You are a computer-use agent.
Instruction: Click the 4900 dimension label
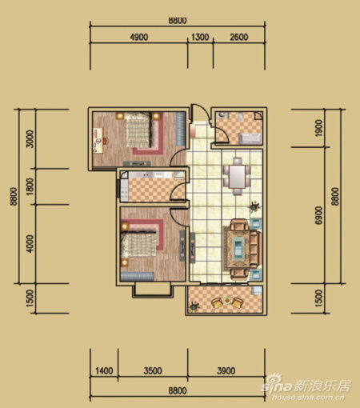pyautogui.click(x=139, y=37)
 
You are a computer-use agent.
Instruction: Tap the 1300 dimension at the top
pyautogui.click(x=200, y=37)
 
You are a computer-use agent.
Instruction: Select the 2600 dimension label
pyautogui.click(x=239, y=37)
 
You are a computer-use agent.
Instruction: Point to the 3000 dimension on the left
pyautogui.click(x=30, y=139)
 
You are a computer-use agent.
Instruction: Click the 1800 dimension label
pyautogui.click(x=30, y=186)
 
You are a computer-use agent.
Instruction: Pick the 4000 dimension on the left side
pyautogui.click(x=30, y=244)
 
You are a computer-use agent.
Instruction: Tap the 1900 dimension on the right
pyautogui.click(x=318, y=128)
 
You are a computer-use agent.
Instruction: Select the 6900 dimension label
pyautogui.click(x=318, y=215)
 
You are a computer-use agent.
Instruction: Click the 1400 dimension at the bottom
pyautogui.click(x=104, y=370)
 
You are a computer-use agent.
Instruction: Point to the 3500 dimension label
pyautogui.click(x=153, y=370)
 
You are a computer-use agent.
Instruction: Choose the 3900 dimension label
pyautogui.click(x=226, y=370)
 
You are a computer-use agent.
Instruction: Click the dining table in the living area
pyautogui.click(x=237, y=177)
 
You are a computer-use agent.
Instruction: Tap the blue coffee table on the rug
pyautogui.click(x=238, y=249)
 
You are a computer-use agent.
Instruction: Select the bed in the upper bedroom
pyautogui.click(x=138, y=130)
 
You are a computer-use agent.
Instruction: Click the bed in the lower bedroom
pyautogui.click(x=138, y=245)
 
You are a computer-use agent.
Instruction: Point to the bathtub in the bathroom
pyautogui.click(x=250, y=138)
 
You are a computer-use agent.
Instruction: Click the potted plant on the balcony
pyautogui.click(x=194, y=306)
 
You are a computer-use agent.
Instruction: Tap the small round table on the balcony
pyautogui.click(x=227, y=300)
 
